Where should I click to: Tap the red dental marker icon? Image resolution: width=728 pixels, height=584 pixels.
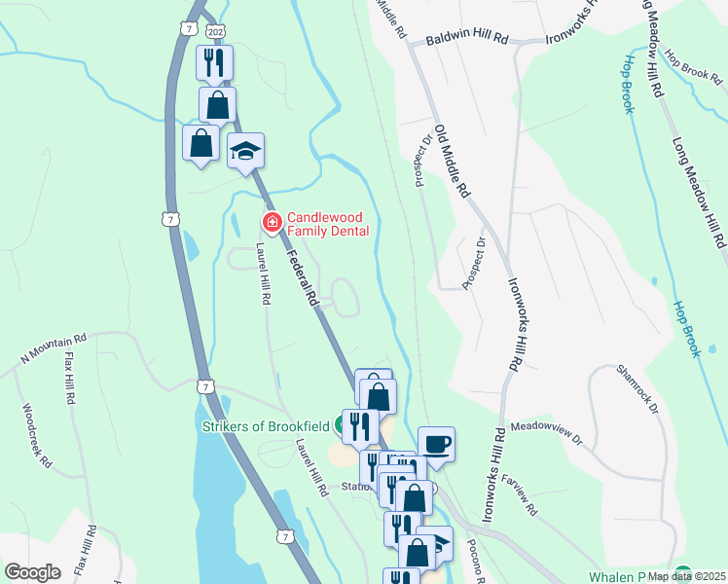272,224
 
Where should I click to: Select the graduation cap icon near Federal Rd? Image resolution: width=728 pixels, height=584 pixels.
246,151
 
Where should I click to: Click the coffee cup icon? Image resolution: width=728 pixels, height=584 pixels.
436,443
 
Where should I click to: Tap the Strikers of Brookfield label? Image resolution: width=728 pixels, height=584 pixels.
264,425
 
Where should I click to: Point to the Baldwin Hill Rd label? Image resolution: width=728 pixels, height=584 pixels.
467,42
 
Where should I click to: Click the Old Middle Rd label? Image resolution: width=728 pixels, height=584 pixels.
452,162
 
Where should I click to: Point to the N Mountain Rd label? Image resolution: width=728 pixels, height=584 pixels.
55,352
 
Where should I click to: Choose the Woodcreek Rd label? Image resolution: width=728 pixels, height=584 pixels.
35,436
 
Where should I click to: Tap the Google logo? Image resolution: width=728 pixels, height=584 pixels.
32,571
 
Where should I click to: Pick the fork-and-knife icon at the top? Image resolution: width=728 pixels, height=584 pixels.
213,63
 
